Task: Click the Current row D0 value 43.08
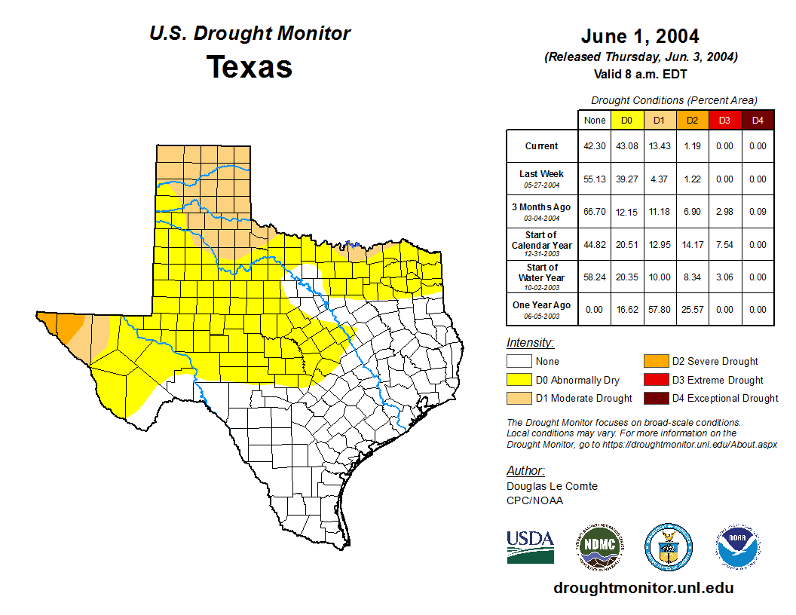pos(626,146)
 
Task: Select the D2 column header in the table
pos(692,120)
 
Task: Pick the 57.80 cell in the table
pos(660,309)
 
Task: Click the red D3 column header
pos(724,120)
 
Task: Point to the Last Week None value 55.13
pos(594,179)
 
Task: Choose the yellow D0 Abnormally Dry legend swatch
pos(519,380)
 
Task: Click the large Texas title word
pos(250,66)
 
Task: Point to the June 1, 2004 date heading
pos(640,36)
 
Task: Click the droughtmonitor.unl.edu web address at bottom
pos(643,588)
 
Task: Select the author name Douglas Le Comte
pos(552,486)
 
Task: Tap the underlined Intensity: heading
pos(530,343)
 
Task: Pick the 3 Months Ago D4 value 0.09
pos(758,212)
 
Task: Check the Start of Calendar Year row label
pos(542,244)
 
